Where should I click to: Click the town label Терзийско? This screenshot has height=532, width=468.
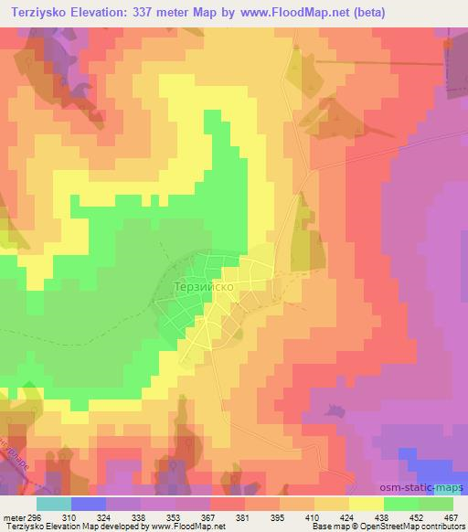(x=207, y=285)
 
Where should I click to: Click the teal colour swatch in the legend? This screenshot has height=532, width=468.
(x=54, y=504)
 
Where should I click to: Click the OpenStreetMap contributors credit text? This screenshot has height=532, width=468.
(x=402, y=526)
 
